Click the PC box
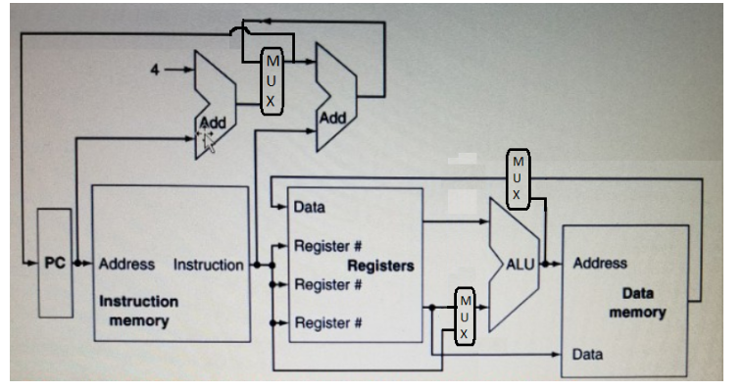(54, 263)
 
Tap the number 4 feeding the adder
(154, 70)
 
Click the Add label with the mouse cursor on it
(212, 124)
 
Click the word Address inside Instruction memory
(126, 264)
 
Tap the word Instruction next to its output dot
(209, 264)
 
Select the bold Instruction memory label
(138, 311)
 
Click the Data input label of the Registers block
(310, 208)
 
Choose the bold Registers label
(380, 266)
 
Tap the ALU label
(520, 264)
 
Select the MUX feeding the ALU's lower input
(466, 317)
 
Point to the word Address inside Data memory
(600, 263)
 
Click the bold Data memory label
(637, 302)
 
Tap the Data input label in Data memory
(588, 353)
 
